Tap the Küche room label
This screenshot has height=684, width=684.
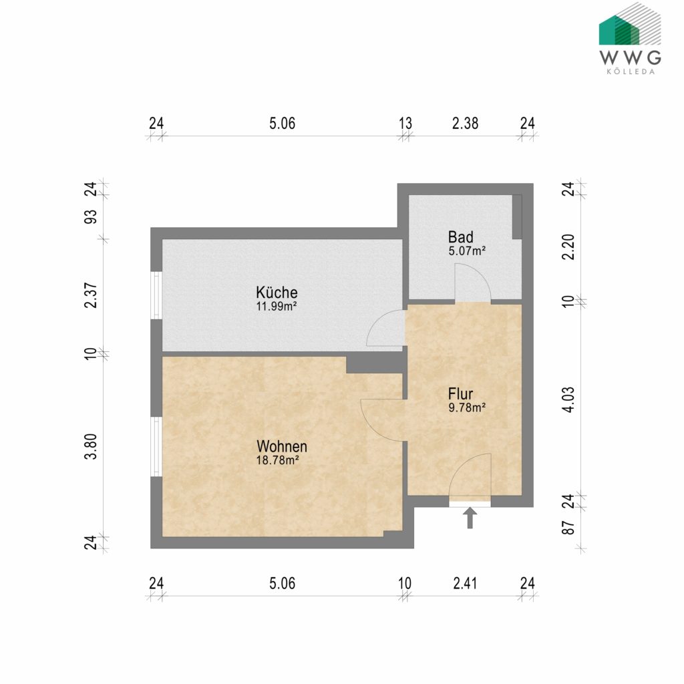tap(277, 293)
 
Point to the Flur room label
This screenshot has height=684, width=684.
tap(461, 393)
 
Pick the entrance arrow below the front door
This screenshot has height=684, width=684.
tap(470, 518)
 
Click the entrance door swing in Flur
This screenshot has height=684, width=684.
tap(470, 476)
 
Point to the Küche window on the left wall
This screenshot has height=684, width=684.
tap(156, 295)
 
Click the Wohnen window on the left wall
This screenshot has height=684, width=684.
tap(156, 446)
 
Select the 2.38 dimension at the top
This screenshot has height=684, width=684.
tap(465, 124)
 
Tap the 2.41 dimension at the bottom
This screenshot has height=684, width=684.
tap(465, 583)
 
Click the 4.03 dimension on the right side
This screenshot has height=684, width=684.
tap(568, 399)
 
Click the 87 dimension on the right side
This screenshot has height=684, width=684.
tap(568, 527)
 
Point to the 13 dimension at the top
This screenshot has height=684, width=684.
tap(405, 124)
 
